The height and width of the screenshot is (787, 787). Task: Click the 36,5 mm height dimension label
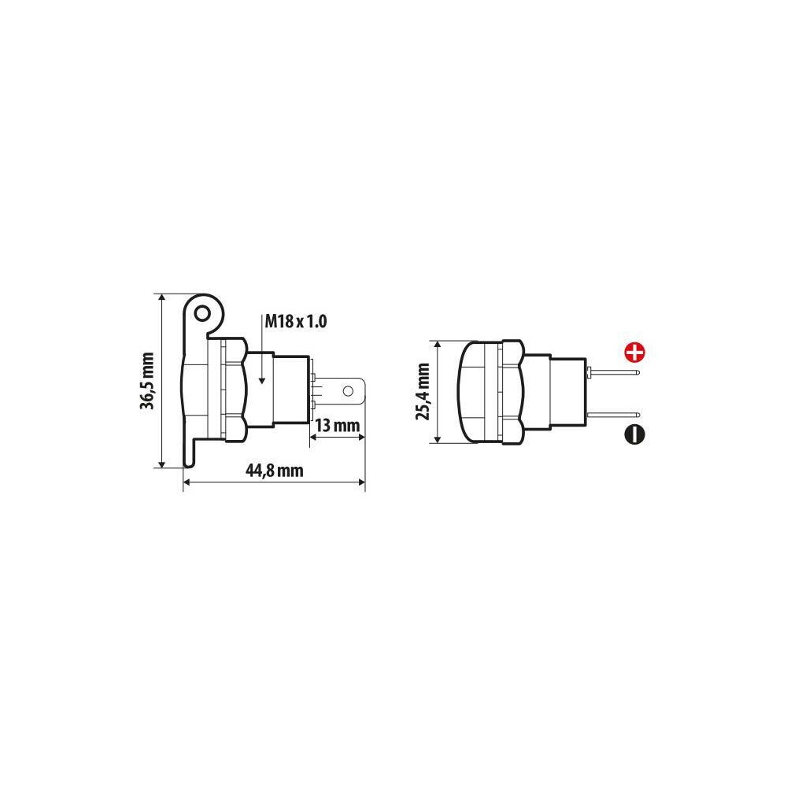(x=147, y=381)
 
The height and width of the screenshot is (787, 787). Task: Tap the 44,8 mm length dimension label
(x=274, y=471)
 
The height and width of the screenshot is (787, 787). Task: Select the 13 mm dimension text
(x=338, y=426)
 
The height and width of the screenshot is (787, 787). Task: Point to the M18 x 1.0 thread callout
(x=296, y=321)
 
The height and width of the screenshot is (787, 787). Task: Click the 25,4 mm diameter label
(x=423, y=391)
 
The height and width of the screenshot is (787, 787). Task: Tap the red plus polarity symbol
(x=634, y=352)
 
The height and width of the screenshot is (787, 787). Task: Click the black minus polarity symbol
(x=634, y=434)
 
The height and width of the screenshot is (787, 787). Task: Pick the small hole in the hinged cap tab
(x=202, y=314)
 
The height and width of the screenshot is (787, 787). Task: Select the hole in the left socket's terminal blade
(x=348, y=390)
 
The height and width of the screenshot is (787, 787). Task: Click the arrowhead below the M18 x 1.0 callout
(x=262, y=380)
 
